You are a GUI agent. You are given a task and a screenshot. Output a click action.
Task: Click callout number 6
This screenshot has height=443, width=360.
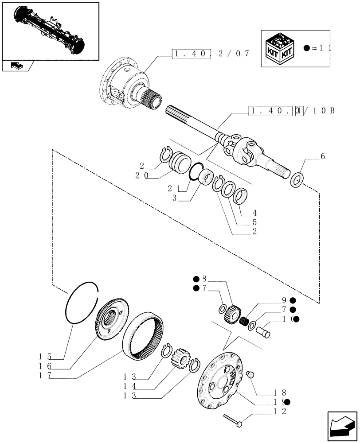tap(322, 156)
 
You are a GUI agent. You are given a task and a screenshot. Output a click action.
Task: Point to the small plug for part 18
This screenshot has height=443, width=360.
tap(250, 375)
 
